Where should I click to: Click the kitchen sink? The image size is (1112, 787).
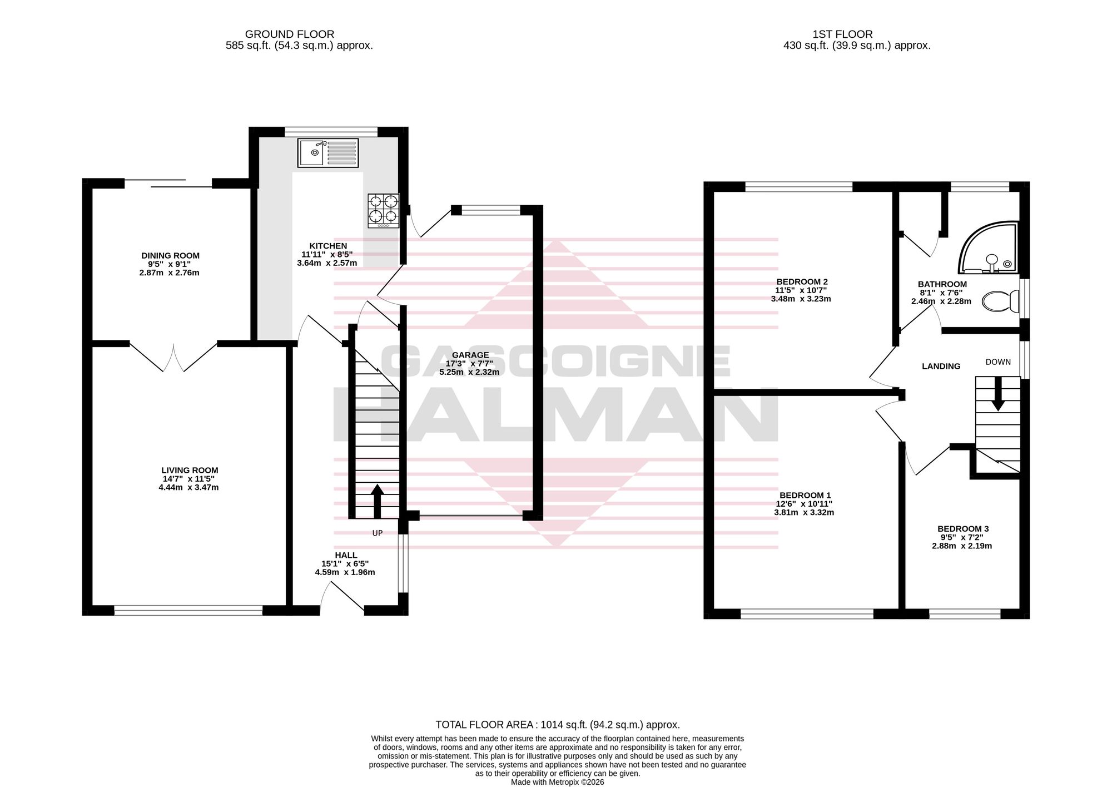coord(328,152)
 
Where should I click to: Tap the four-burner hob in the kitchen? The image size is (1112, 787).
coord(383,210)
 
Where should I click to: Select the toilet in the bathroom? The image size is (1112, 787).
coord(1000,301)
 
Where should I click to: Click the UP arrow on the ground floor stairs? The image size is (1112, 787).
coord(377,501)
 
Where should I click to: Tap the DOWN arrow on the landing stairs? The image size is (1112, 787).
coord(998,394)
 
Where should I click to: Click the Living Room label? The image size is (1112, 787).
coord(190,471)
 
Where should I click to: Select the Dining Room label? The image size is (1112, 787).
coord(170,256)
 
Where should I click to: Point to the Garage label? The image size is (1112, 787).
coord(470,355)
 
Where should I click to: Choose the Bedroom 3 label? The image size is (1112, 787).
coord(963,529)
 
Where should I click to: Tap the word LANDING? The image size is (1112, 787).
coord(941,366)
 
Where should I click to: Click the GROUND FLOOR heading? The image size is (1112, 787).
coord(290,34)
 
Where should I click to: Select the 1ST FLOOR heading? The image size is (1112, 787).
coord(842,34)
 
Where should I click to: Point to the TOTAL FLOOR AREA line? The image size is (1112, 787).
coord(558,725)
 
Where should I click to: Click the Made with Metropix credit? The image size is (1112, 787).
coord(558,782)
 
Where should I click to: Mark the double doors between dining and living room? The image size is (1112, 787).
coord(173,357)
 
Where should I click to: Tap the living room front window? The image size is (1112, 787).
coord(188,611)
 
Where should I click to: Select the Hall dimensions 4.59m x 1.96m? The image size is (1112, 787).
coord(345,572)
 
